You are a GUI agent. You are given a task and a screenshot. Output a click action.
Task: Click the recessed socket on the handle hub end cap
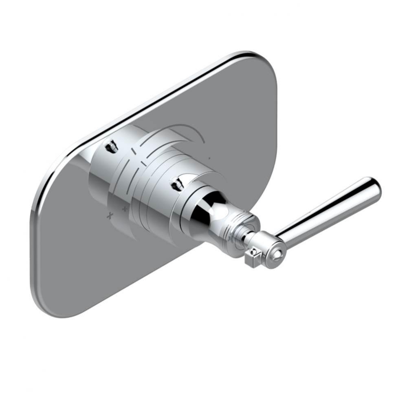click(277, 255)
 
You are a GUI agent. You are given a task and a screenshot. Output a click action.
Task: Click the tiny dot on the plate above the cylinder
click(209, 157)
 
